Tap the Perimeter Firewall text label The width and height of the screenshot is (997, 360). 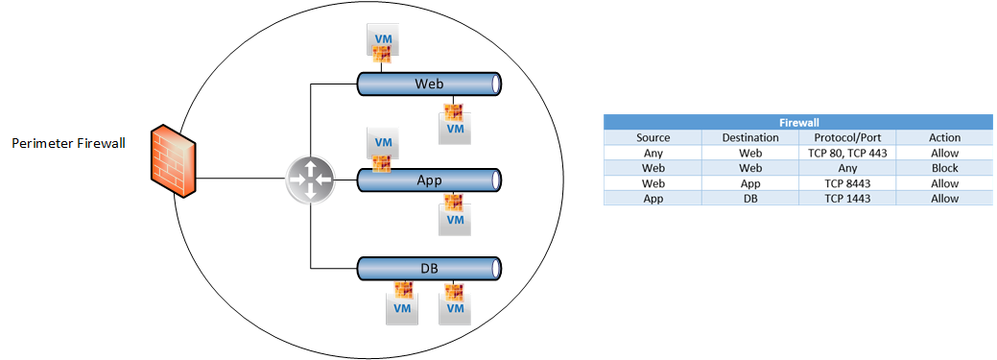(69, 144)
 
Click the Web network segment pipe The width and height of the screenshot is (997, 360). (430, 84)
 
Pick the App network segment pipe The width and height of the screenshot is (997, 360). (430, 180)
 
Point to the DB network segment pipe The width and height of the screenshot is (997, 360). (430, 269)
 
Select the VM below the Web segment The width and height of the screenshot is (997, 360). (454, 123)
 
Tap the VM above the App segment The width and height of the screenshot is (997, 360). (383, 148)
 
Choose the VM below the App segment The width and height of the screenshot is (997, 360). (454, 214)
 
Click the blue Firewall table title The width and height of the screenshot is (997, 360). (798, 122)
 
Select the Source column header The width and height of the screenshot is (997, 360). (653, 137)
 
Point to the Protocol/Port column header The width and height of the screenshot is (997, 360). (847, 137)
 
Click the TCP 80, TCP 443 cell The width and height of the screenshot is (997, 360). (847, 153)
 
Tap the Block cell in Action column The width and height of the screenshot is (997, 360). (944, 169)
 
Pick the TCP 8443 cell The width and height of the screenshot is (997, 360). (847, 183)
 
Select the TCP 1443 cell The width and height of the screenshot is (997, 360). (847, 199)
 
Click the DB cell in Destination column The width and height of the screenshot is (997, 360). (750, 199)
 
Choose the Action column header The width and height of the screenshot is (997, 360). (944, 137)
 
